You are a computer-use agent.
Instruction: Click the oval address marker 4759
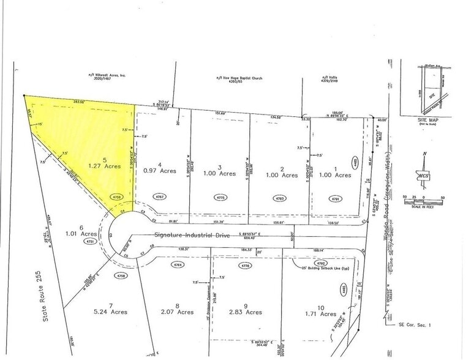[119, 197]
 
